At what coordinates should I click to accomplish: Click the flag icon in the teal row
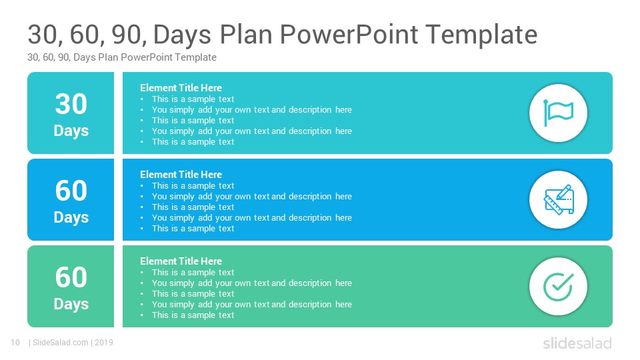click(x=558, y=113)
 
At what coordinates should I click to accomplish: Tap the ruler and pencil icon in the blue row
click(x=559, y=199)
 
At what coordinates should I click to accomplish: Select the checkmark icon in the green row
click(x=559, y=287)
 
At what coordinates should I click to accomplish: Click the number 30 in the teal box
click(x=71, y=104)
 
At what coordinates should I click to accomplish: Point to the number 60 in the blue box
click(x=71, y=191)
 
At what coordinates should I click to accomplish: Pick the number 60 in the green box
click(x=71, y=277)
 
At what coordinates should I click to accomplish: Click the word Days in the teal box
click(x=71, y=131)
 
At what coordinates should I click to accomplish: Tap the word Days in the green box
click(x=71, y=304)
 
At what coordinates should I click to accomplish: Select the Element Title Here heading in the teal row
click(x=181, y=88)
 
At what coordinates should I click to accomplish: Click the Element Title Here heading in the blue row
click(x=181, y=174)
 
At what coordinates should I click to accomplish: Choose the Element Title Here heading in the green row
click(x=181, y=261)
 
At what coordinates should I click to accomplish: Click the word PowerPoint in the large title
click(x=349, y=34)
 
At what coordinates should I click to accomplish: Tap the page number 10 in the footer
click(x=15, y=343)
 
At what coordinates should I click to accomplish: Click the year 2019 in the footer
click(x=104, y=343)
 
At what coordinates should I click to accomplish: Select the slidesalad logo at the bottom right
click(x=577, y=343)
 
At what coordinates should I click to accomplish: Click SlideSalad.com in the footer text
click(x=61, y=343)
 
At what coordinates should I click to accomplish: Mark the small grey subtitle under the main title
click(x=122, y=57)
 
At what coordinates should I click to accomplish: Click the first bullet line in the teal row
click(x=193, y=99)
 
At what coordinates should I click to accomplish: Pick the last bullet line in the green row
click(x=193, y=315)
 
